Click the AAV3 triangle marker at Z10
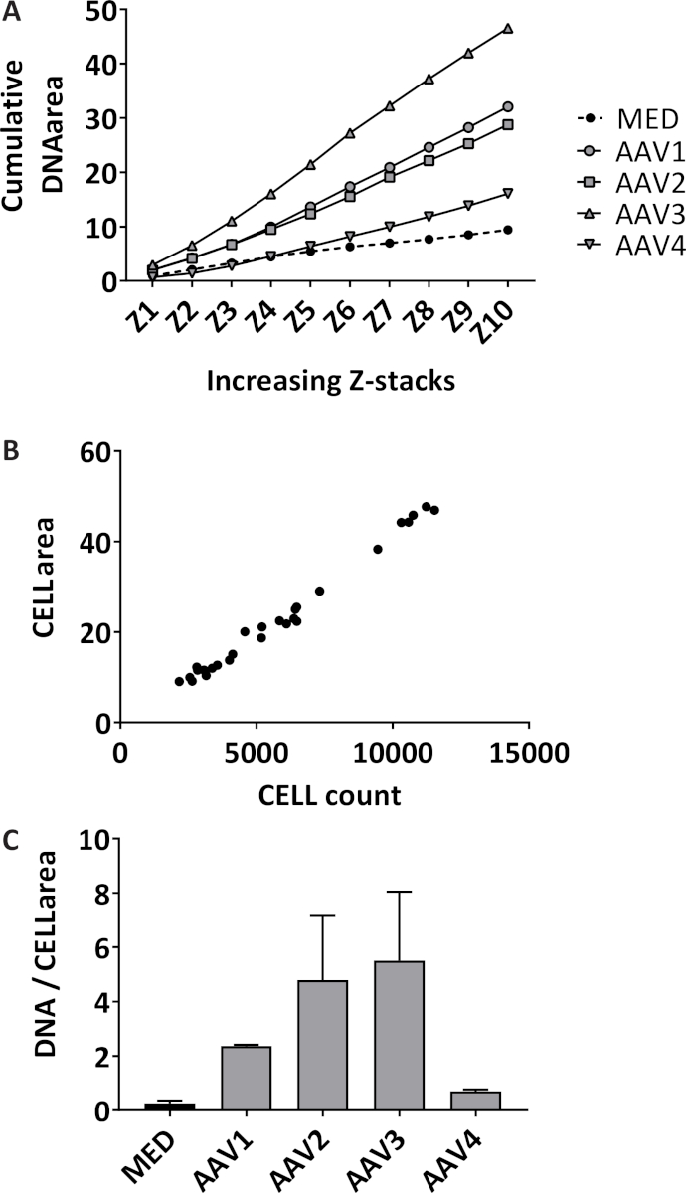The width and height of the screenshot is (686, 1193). click(508, 28)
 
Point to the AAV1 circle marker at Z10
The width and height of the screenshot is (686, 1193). click(508, 106)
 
